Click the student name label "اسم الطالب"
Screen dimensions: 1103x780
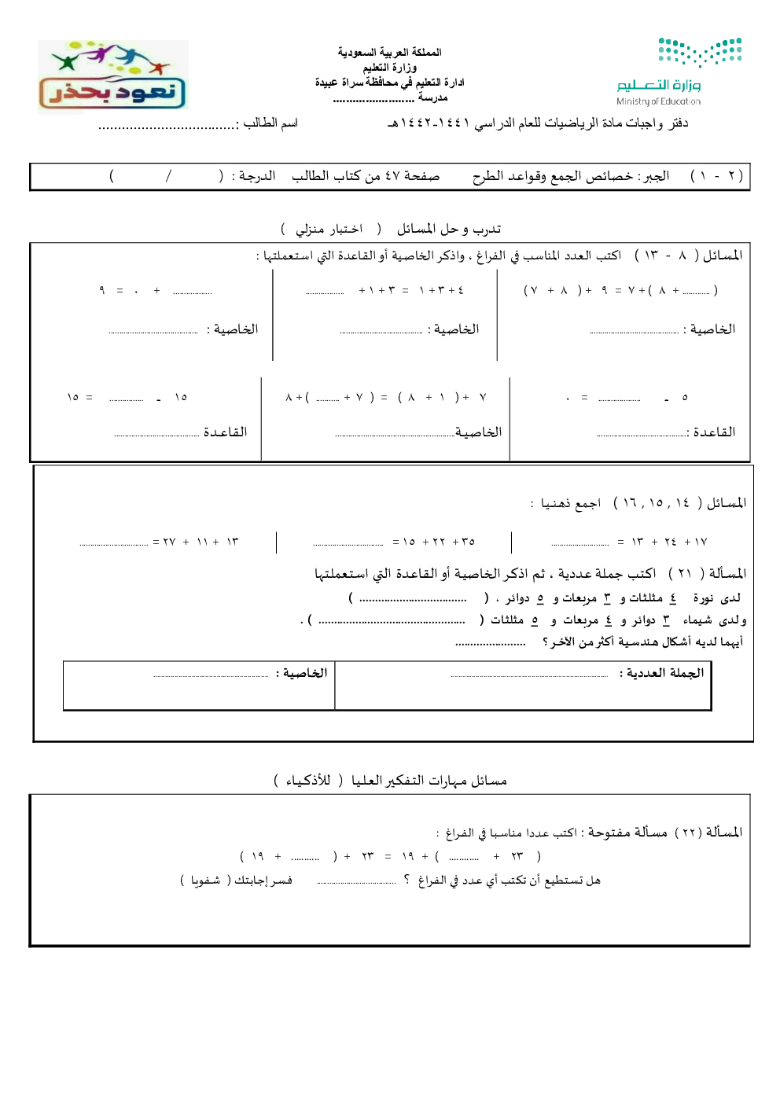(x=270, y=123)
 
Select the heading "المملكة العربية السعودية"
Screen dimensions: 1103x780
(x=389, y=52)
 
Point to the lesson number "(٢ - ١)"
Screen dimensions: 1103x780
(x=716, y=175)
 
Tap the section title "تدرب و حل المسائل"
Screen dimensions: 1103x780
(x=448, y=229)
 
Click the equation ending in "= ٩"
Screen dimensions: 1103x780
(x=153, y=291)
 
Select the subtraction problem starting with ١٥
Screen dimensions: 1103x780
(x=127, y=397)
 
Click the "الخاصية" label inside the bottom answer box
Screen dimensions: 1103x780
(x=301, y=673)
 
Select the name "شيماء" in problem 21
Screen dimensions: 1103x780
(x=697, y=620)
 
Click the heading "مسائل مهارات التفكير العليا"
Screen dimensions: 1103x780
(x=429, y=781)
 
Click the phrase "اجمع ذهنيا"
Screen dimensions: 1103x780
(x=571, y=503)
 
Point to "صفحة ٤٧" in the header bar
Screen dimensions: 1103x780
(x=411, y=175)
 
